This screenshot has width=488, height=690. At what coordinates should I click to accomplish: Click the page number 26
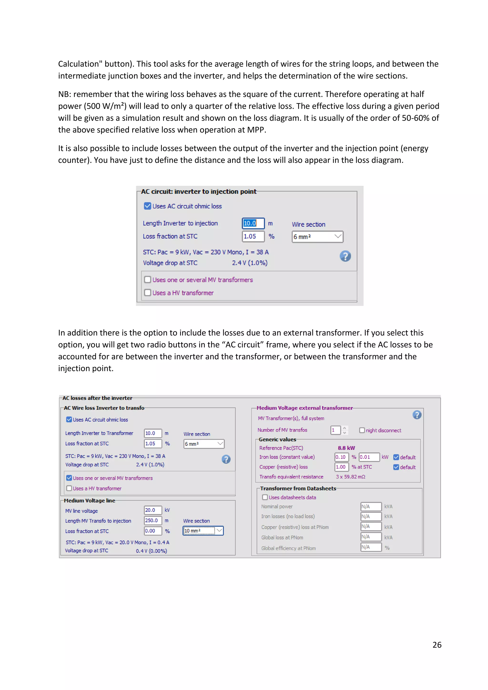[437, 645]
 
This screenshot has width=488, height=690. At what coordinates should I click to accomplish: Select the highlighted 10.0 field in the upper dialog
[253, 223]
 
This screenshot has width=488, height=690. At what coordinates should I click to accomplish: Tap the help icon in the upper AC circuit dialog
[345, 256]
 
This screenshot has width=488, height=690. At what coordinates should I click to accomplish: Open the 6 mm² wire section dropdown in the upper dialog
[317, 237]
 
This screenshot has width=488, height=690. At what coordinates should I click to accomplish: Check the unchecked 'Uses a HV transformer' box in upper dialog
[147, 293]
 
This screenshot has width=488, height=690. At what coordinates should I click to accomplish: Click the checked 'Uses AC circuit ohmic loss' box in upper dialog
[147, 206]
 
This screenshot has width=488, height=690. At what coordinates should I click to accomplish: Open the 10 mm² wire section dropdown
[203, 531]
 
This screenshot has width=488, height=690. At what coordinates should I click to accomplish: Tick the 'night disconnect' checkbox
[362, 430]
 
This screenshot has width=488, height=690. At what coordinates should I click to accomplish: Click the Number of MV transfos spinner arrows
[345, 430]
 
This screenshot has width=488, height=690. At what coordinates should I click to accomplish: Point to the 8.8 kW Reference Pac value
[346, 448]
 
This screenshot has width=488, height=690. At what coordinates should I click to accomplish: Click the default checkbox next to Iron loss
[396, 457]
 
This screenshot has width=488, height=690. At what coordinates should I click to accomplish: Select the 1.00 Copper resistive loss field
[341, 467]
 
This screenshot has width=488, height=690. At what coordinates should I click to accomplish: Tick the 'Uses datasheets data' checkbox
[265, 497]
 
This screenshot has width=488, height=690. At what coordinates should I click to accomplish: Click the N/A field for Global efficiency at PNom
[371, 547]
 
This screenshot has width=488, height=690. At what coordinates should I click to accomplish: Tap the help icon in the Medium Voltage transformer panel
[417, 415]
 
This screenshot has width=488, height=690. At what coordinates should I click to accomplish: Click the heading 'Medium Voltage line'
[90, 501]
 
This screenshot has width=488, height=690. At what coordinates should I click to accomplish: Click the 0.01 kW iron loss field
[369, 457]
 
